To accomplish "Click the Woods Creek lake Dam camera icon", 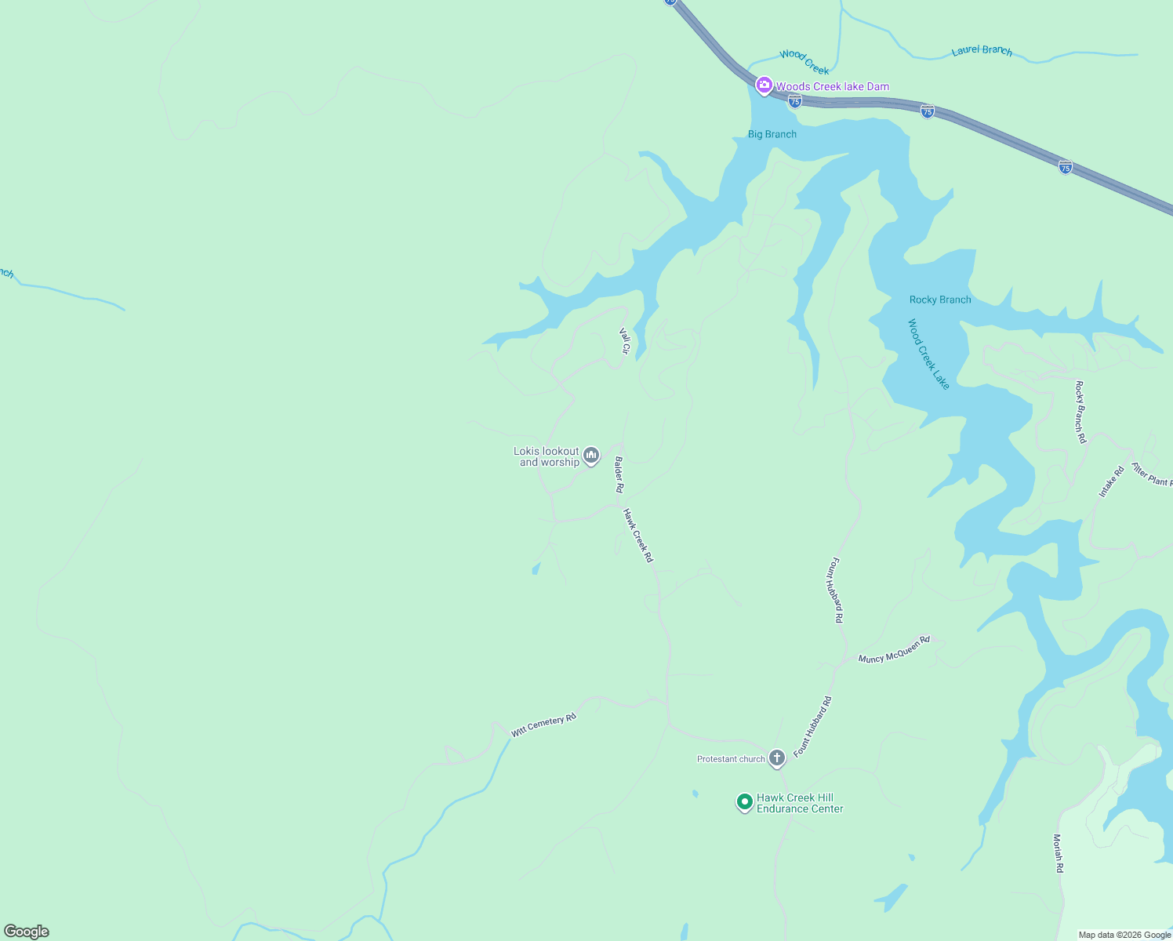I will [x=764, y=85].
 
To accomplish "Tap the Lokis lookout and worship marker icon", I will [x=591, y=456].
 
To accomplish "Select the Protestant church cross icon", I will [x=776, y=758].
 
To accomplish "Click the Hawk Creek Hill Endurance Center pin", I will [x=744, y=802].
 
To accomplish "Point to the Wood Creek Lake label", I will [x=928, y=354].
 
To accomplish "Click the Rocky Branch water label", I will [x=940, y=300].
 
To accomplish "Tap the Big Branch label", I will [x=772, y=134].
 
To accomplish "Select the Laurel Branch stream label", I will [x=982, y=51].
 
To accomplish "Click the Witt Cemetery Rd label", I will [x=543, y=725].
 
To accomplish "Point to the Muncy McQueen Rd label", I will [x=894, y=649].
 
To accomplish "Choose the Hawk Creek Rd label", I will [x=637, y=536].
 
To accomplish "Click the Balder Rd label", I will [x=619, y=474].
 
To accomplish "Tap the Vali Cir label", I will [x=625, y=341].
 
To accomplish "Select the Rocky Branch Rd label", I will [x=1080, y=412].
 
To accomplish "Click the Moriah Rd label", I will [x=1058, y=853].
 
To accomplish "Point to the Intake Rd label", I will [x=1111, y=481].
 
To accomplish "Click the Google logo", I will [x=27, y=932].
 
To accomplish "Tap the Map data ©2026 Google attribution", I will [x=1124, y=935].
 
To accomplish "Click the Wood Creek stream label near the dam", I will [x=804, y=62].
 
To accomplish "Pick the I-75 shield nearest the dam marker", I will [x=795, y=101].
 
